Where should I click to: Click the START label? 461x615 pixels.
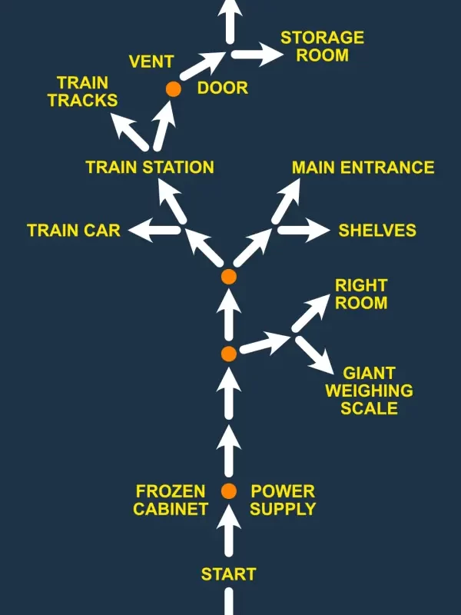click(228, 574)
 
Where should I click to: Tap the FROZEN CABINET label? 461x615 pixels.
click(171, 500)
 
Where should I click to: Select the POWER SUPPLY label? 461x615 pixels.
click(283, 500)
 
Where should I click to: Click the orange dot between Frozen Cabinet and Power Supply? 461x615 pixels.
click(228, 491)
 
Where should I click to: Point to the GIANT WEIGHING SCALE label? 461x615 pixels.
click(369, 391)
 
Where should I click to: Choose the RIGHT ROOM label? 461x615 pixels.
click(360, 294)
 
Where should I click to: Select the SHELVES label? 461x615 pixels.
click(377, 230)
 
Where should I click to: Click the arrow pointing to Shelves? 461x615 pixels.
click(303, 230)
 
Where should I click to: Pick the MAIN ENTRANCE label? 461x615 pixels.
click(363, 168)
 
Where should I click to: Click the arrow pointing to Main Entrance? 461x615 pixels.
click(285, 201)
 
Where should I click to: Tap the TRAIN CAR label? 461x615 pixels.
click(74, 230)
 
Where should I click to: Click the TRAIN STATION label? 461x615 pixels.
click(150, 168)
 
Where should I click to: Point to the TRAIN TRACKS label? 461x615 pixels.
click(83, 91)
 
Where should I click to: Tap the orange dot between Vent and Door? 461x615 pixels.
click(174, 89)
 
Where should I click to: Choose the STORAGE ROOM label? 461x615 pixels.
click(322, 46)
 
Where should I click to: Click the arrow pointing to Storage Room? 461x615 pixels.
click(257, 55)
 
